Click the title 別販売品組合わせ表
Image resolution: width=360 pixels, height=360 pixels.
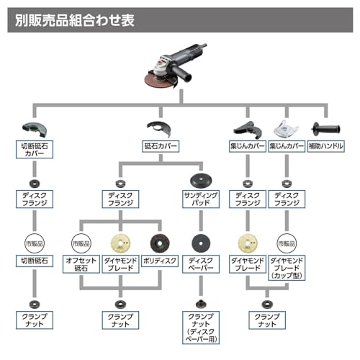point(75,20)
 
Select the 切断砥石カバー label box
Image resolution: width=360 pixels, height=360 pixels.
point(35,150)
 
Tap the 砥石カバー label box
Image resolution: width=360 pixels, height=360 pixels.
point(161,146)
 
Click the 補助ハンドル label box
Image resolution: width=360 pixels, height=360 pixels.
point(326,146)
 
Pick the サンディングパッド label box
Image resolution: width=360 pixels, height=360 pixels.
point(201,199)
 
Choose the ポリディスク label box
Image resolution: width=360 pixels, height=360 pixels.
point(160,261)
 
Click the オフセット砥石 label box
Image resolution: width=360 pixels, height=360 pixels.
point(81,264)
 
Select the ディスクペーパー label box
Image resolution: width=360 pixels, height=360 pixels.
point(201,264)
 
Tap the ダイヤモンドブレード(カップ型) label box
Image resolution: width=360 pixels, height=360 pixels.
point(287,268)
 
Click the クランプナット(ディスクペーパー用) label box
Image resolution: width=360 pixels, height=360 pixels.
point(201,328)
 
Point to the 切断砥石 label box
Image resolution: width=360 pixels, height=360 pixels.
point(35,261)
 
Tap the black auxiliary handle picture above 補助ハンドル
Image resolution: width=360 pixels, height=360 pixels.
point(325,129)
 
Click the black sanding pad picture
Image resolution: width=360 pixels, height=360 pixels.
point(201,181)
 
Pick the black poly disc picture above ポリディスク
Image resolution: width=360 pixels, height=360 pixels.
point(160,243)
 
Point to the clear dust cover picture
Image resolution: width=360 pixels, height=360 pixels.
point(286,129)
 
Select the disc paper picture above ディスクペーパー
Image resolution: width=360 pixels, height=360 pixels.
point(201,243)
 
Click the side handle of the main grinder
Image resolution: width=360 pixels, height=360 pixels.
point(181,73)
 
